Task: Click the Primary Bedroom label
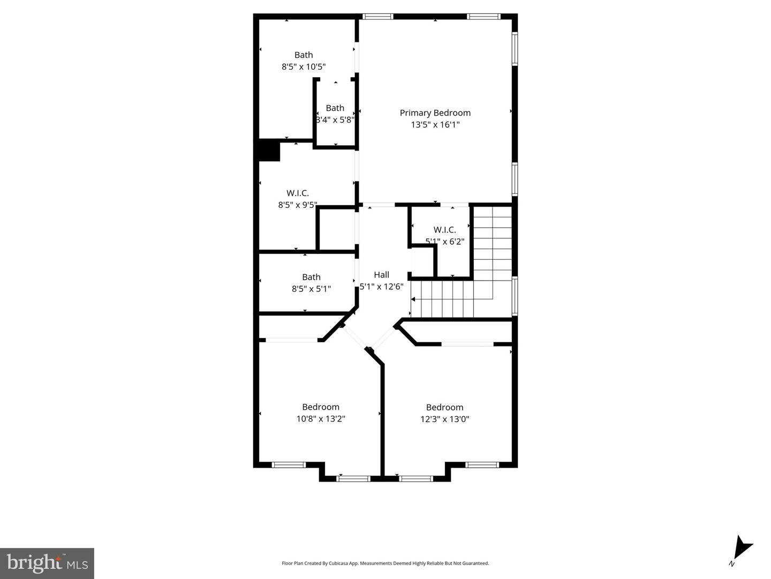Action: [x=435, y=112]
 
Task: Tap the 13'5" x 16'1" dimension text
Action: [x=435, y=125]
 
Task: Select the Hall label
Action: [x=381, y=275]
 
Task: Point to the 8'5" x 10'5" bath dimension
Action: [x=304, y=67]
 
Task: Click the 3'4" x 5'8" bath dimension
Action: [x=335, y=120]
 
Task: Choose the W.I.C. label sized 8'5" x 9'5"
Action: [x=297, y=193]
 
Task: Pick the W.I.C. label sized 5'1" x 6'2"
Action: [x=444, y=230]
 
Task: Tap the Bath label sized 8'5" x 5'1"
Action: [x=311, y=277]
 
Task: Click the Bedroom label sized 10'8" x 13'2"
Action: [x=320, y=407]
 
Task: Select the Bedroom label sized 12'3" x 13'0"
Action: [x=444, y=408]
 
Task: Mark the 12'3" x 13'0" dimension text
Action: [x=444, y=419]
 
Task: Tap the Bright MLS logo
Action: [x=47, y=563]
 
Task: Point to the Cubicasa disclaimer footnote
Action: [x=385, y=563]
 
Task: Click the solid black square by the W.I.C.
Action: [x=269, y=150]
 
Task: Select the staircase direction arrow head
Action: [x=413, y=299]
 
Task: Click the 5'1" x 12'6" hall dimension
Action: [x=381, y=287]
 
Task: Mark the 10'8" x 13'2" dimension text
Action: [x=320, y=419]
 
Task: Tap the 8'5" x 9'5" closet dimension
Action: [x=297, y=205]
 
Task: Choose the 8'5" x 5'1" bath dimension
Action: [x=311, y=289]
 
